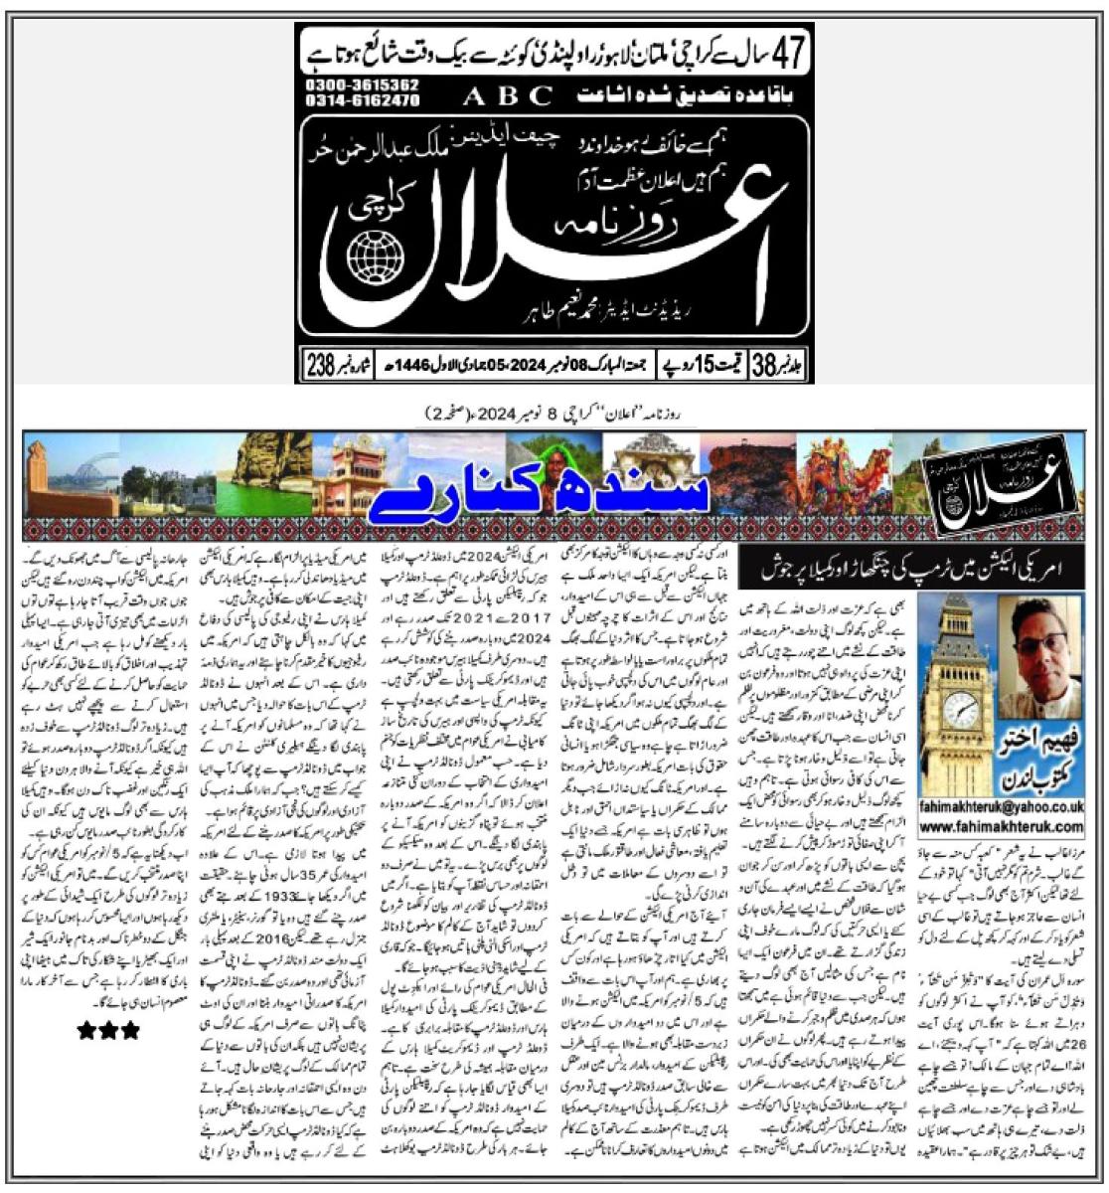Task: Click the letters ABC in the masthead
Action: click(509, 95)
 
